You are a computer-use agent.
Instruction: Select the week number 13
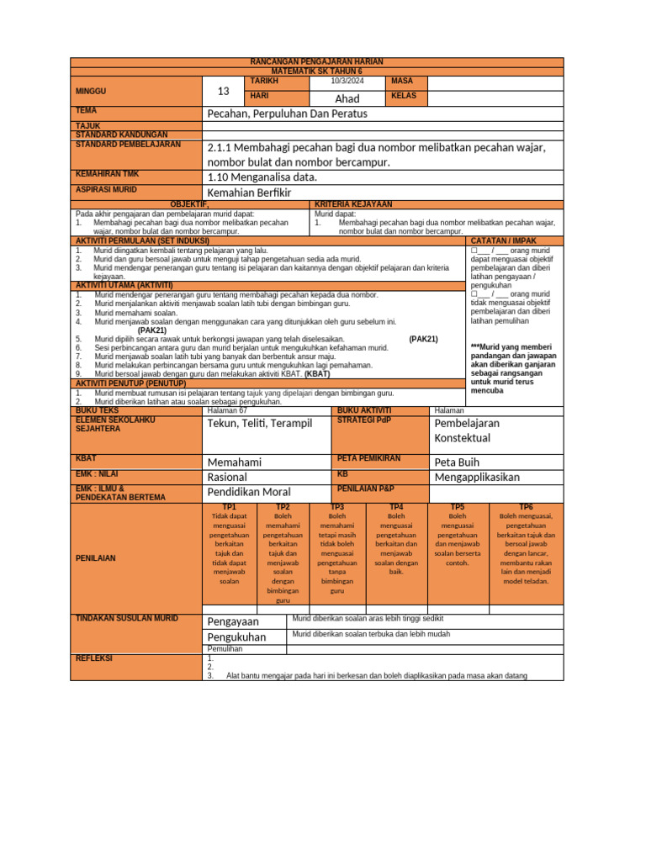pos(223,91)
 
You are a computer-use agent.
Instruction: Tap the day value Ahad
pos(347,99)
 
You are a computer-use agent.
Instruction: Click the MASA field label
pos(403,81)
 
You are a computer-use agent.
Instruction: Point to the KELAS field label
pos(405,96)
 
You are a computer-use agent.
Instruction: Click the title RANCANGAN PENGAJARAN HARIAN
pos(317,62)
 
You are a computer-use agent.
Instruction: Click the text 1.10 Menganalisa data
pos(262,177)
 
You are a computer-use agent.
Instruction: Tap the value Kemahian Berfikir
pos(249,193)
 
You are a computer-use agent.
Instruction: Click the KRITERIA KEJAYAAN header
pos(353,204)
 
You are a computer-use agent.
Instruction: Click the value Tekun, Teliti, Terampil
pos(259,423)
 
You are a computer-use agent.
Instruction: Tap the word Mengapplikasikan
pos(477,477)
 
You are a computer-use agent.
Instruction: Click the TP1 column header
pos(229,507)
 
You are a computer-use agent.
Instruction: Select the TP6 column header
pos(526,507)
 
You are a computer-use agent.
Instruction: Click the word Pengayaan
pos(233,621)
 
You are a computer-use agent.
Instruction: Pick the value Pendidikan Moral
pos(249,492)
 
